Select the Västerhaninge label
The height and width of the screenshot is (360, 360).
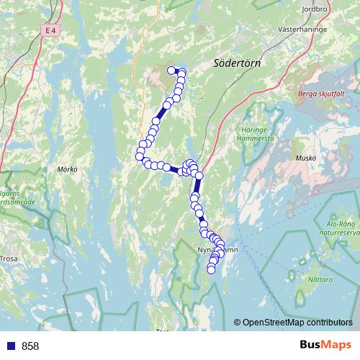pyautogui.click(x=303, y=31)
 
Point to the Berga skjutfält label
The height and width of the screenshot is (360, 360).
pyautogui.click(x=321, y=94)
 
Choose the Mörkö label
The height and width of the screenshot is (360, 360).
pyautogui.click(x=66, y=170)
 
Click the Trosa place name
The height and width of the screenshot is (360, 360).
pyautogui.click(x=9, y=258)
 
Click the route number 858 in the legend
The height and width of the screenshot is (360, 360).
pyautogui.click(x=30, y=346)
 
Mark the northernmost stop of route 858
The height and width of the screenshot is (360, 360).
pyautogui.click(x=171, y=70)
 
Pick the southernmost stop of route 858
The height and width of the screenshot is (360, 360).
pyautogui.click(x=211, y=270)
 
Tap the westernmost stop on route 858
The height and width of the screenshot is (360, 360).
pyautogui.click(x=139, y=156)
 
